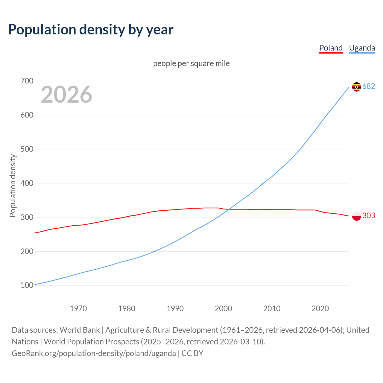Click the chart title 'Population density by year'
click(91, 30)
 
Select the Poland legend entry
click(331, 48)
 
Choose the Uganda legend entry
click(362, 48)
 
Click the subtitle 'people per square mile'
click(191, 63)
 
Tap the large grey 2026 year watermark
click(66, 95)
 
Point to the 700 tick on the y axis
click(27, 81)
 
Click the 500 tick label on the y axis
click(27, 149)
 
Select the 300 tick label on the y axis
click(27, 217)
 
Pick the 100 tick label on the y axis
click(27, 285)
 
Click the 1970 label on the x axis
click(78, 308)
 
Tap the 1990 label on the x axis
click(175, 308)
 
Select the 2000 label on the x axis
click(224, 308)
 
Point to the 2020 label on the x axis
click(320, 308)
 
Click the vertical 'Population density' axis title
click(13, 186)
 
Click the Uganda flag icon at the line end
click(356, 87)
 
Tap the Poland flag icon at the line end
click(356, 216)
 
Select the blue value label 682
click(369, 86)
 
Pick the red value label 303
click(369, 215)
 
